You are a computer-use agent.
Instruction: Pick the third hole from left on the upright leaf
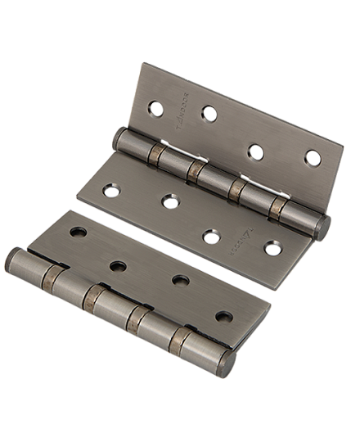(256, 152)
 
